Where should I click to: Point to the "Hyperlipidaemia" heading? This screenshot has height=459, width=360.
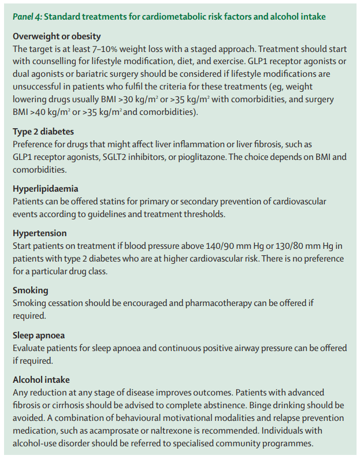(x=46, y=189)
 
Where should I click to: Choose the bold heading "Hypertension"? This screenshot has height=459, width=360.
(x=39, y=233)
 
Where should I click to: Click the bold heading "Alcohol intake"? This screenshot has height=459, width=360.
(x=42, y=380)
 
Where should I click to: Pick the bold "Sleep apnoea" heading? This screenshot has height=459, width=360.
(x=39, y=335)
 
